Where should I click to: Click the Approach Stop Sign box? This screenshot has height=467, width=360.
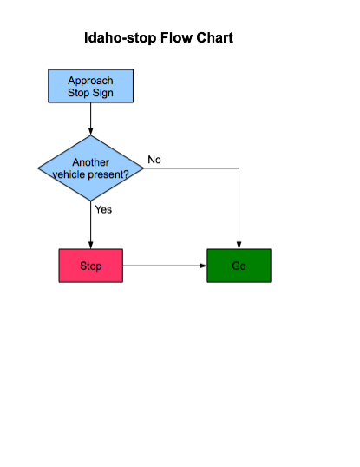(91, 86)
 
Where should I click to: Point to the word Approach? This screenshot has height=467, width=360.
(90, 81)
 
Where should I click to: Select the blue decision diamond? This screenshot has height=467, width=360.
(91, 168)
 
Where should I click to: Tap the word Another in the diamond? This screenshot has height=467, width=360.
(91, 162)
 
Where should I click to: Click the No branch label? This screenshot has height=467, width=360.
(154, 160)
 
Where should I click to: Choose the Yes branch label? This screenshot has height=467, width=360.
(103, 209)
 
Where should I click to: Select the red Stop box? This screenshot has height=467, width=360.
(91, 266)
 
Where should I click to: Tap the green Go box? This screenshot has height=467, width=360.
(239, 266)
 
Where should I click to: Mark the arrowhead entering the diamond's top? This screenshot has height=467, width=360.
(91, 132)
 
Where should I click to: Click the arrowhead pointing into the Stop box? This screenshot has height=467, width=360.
(91, 245)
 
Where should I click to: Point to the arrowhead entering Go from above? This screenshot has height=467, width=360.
(239, 245)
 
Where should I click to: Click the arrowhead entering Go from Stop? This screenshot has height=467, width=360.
(203, 266)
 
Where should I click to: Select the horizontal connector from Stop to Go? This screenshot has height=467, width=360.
(165, 266)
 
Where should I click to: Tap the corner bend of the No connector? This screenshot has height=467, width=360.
(239, 168)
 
